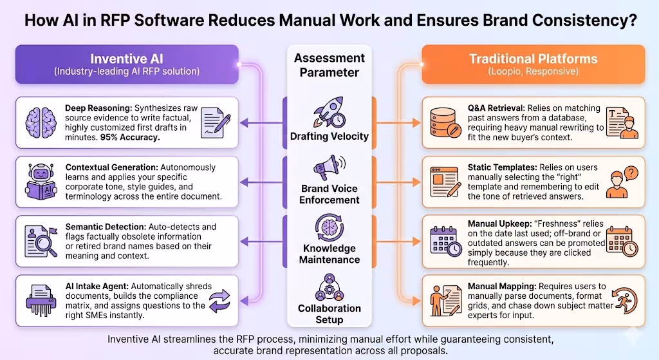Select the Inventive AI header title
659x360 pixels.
click(127, 59)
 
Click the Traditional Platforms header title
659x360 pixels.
click(533, 59)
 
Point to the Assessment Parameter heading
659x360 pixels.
click(329, 65)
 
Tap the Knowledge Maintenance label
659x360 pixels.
click(329, 254)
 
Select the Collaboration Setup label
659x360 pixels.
click(329, 314)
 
